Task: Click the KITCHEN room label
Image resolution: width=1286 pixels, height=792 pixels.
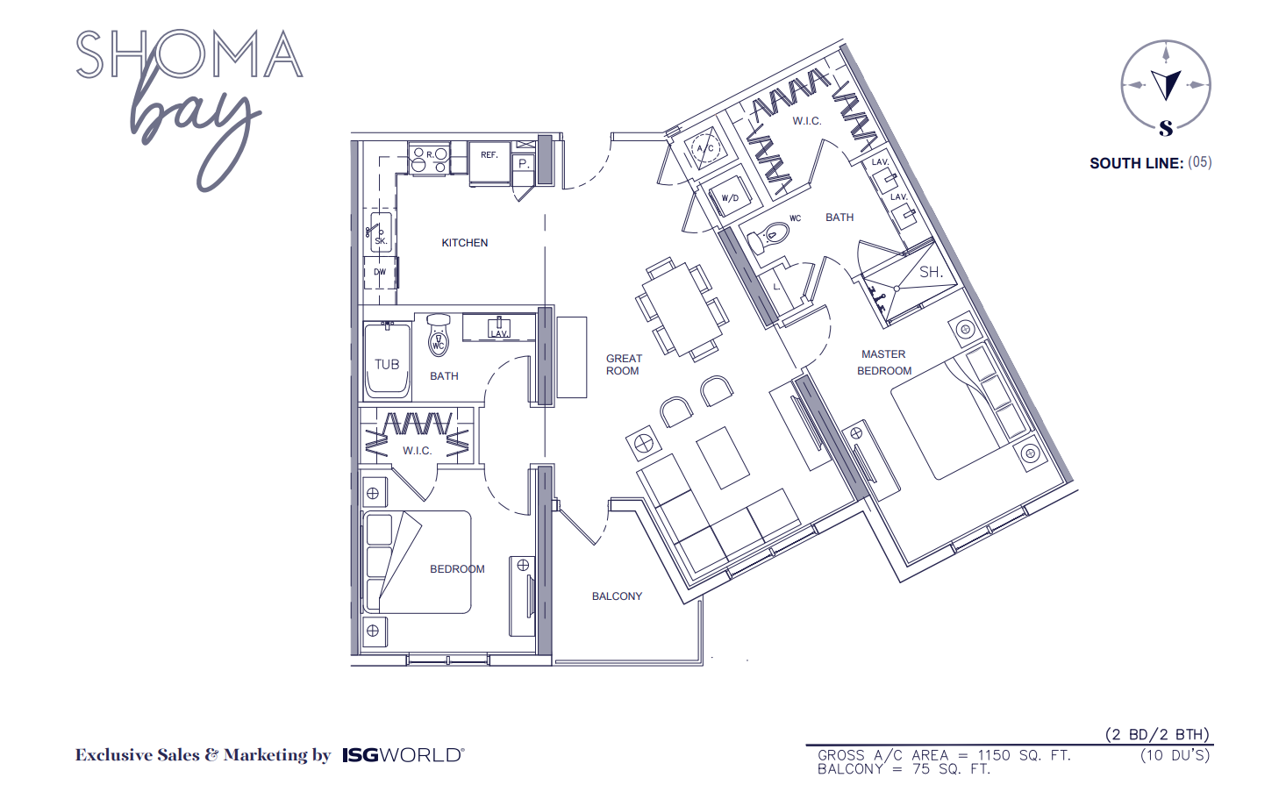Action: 464,243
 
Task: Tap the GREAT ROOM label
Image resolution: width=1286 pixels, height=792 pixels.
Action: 624,365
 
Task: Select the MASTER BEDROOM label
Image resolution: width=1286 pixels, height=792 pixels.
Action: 884,362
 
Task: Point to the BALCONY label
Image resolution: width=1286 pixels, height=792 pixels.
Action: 617,596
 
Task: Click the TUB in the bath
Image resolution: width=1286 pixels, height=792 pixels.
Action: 387,364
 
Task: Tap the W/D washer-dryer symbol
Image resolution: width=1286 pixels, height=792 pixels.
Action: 730,197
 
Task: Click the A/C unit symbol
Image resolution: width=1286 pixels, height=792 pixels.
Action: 705,148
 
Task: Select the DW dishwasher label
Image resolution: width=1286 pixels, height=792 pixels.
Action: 380,272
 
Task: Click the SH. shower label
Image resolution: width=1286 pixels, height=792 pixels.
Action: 931,273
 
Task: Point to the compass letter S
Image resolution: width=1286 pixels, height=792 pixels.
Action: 1166,129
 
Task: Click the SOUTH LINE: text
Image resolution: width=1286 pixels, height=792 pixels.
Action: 1136,163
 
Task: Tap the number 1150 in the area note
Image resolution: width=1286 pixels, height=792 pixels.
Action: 994,755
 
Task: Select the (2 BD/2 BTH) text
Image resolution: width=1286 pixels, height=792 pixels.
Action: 1157,735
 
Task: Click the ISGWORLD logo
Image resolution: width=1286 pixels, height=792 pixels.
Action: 403,755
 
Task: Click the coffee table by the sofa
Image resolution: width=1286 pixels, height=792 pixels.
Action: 722,456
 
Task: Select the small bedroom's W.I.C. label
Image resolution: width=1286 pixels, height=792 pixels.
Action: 418,451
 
